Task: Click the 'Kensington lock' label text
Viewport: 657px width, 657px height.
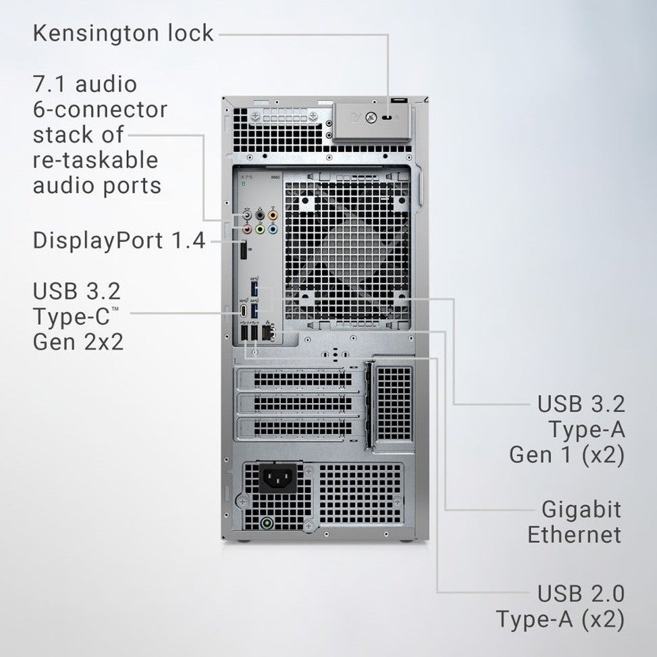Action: (123, 33)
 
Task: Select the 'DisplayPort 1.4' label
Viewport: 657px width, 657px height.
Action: (119, 240)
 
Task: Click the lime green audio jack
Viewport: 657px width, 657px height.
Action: (259, 230)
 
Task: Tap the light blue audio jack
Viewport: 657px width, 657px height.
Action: (272, 230)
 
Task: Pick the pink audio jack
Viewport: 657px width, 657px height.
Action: (247, 230)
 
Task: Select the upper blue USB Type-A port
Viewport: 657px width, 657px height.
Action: (255, 289)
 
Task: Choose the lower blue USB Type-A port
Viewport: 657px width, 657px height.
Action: (255, 311)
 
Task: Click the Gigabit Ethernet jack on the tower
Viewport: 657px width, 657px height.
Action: (268, 332)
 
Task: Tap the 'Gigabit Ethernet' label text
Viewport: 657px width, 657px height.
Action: (574, 522)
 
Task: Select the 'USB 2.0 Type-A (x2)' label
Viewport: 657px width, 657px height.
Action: (560, 606)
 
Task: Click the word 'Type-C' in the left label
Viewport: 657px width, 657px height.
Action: (74, 317)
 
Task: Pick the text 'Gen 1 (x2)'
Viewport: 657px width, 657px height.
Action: (566, 454)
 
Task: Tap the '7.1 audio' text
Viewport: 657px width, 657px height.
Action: (85, 84)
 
